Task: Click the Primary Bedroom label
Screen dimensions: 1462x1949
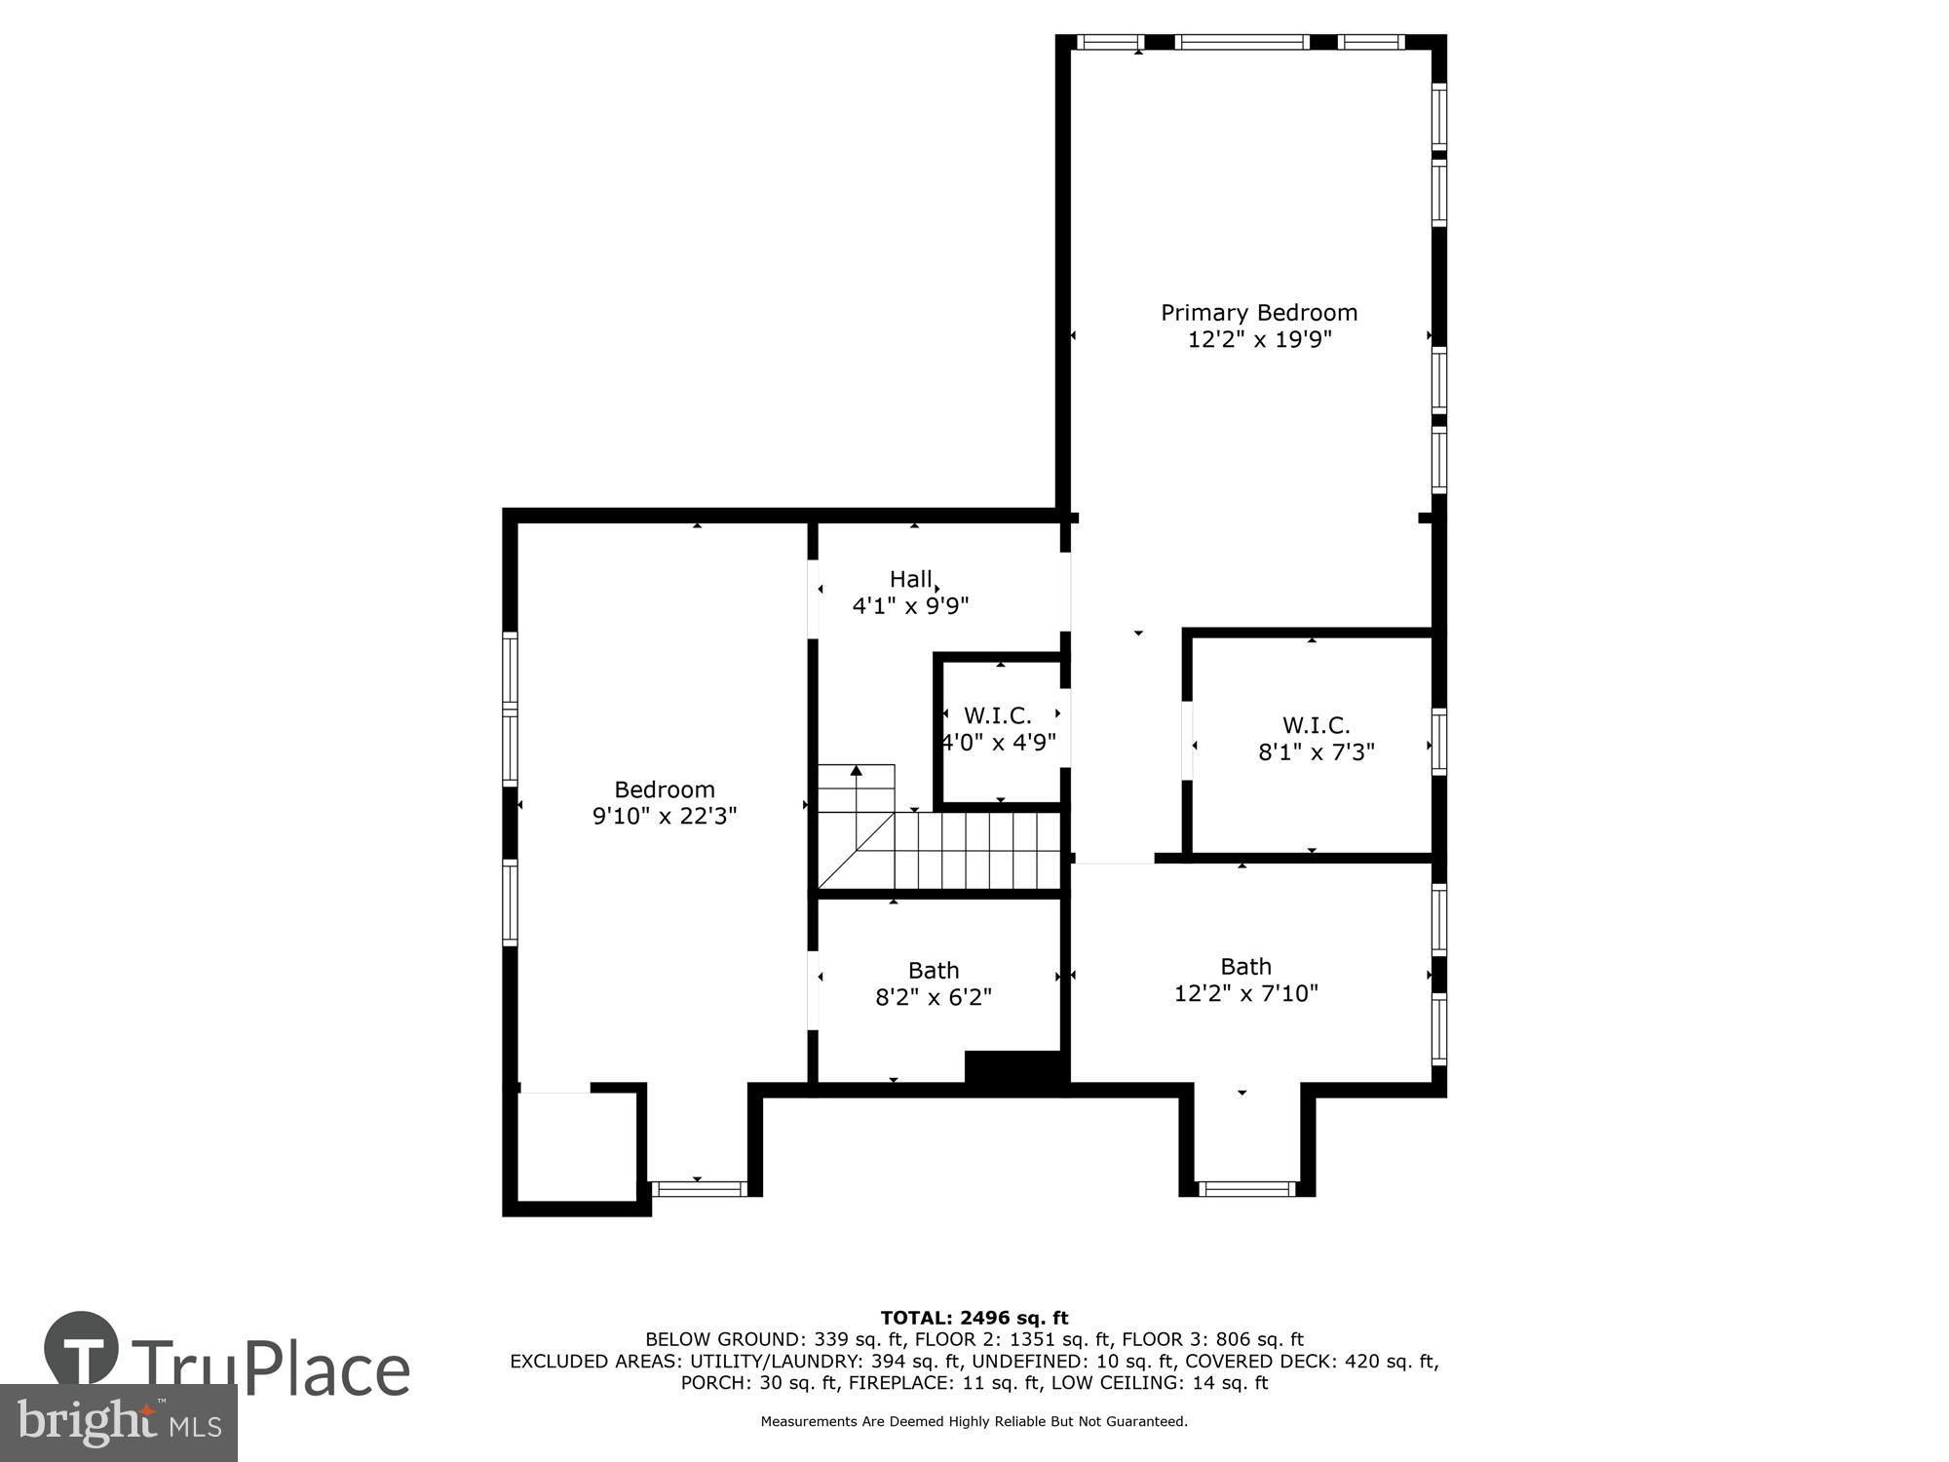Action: (1258, 313)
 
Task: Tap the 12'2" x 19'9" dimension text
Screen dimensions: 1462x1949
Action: (1258, 340)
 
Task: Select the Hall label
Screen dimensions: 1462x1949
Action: (910, 579)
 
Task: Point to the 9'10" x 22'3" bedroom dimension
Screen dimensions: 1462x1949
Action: (664, 816)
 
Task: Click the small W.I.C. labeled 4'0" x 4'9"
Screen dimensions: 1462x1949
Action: (997, 716)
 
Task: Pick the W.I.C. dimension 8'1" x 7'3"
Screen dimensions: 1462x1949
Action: (1316, 752)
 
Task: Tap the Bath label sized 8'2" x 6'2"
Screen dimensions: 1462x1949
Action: (933, 971)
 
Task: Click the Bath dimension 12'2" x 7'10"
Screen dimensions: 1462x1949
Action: (1245, 993)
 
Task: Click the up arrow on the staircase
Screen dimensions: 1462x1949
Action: (856, 771)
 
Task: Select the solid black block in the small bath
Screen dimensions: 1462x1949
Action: (1013, 1066)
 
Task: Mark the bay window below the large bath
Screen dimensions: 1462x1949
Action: (1246, 1188)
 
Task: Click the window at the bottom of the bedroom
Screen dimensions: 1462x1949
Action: (698, 1188)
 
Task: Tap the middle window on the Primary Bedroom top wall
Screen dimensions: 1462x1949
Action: (1242, 42)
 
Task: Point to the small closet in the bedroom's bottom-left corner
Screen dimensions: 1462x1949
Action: (577, 1147)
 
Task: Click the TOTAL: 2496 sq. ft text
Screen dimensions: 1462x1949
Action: (974, 1319)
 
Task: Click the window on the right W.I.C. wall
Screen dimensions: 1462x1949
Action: (1438, 742)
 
